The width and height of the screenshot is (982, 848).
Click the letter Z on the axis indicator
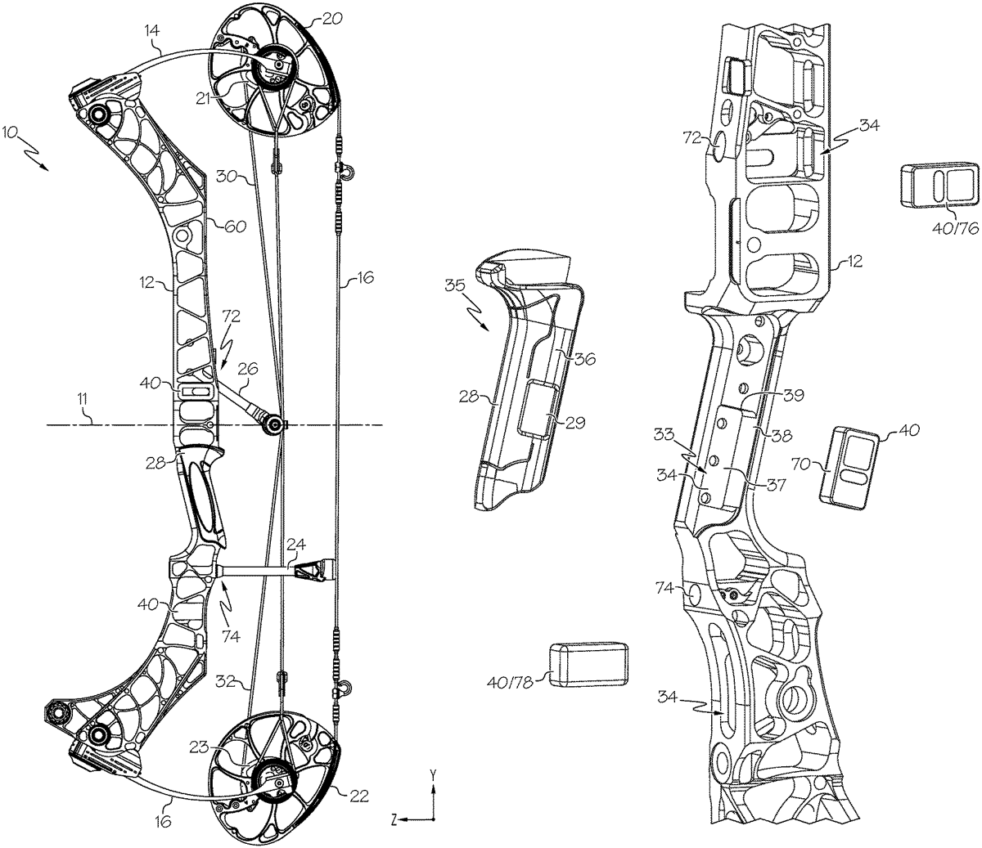pyautogui.click(x=394, y=817)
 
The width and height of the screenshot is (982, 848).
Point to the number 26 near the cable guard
pyautogui.click(x=246, y=369)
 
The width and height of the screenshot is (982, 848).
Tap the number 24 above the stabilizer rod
pyautogui.click(x=295, y=542)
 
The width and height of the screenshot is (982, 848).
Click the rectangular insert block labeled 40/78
pyautogui.click(x=588, y=661)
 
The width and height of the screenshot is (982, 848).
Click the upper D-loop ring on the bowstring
pyautogui.click(x=347, y=173)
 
